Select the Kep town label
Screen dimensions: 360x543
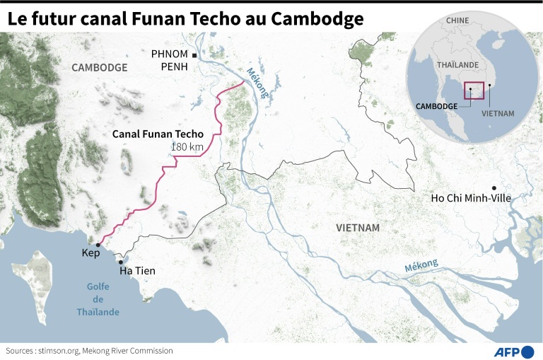tap(90, 254)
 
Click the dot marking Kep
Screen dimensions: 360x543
tap(98, 244)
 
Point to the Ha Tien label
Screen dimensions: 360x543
tap(137, 271)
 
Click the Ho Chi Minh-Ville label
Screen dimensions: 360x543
tap(470, 197)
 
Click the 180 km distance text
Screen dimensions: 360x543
tap(186, 146)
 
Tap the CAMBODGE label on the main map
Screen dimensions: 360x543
tap(99, 68)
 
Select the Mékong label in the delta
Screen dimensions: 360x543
tap(421, 267)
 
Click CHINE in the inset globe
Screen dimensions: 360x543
tap(457, 21)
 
